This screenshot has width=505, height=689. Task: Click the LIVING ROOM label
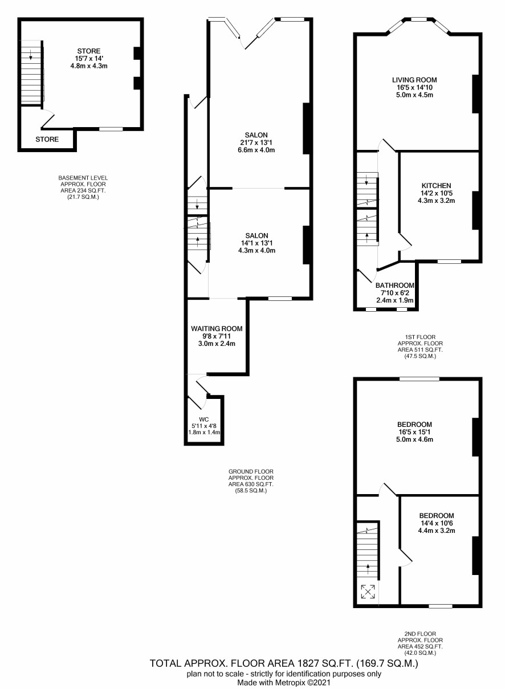pyautogui.click(x=414, y=80)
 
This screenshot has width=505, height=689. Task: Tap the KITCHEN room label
pyautogui.click(x=436, y=185)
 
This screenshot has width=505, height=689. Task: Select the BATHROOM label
pyautogui.click(x=395, y=285)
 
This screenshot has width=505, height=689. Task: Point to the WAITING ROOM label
pyautogui.click(x=217, y=328)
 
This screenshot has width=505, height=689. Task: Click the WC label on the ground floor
pyautogui.click(x=204, y=419)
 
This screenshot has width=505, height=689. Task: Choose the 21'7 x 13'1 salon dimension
pyautogui.click(x=256, y=142)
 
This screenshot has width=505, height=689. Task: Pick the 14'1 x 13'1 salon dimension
pyautogui.click(x=256, y=243)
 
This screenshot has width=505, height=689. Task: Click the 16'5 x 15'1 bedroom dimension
pyautogui.click(x=414, y=432)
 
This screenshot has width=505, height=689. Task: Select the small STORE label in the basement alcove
pyautogui.click(x=47, y=139)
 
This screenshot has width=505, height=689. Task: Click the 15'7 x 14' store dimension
pyautogui.click(x=89, y=59)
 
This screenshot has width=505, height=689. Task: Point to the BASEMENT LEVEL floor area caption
pyautogui.click(x=83, y=187)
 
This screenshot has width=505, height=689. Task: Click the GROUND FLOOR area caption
pyautogui.click(x=251, y=481)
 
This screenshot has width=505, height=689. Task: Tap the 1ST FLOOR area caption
pyautogui.click(x=420, y=346)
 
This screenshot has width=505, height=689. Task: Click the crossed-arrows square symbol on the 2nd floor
pyautogui.click(x=368, y=592)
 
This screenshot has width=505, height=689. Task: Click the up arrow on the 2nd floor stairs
pyautogui.click(x=368, y=569)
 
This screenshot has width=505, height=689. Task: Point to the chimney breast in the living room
pyautogui.click(x=475, y=94)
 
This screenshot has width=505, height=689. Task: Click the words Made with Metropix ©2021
pyautogui.click(x=283, y=683)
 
